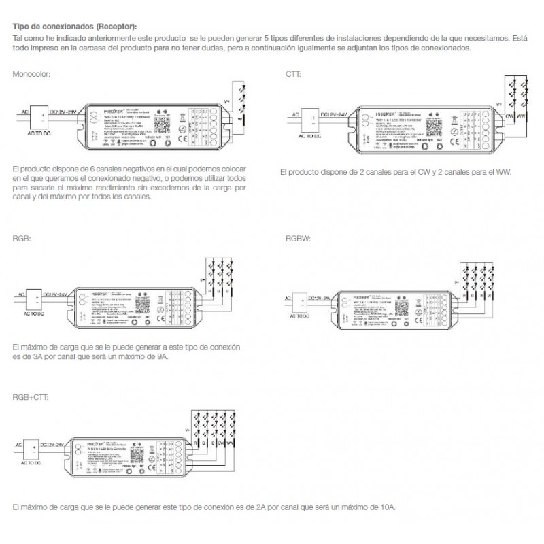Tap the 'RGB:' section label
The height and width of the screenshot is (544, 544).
pos(21,239)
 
